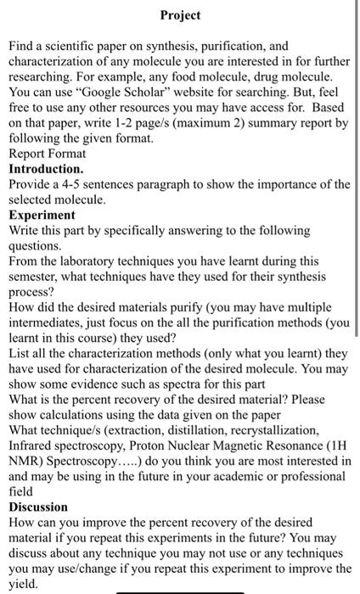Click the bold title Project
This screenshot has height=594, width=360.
point(180,16)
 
